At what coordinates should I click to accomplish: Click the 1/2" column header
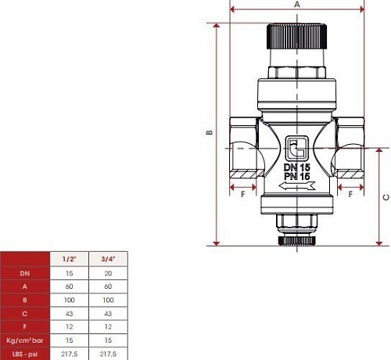pos(69,259)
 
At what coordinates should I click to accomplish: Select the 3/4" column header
pos(108,259)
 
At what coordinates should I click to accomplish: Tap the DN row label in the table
pos(25,273)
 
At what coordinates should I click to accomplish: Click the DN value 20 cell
pos(108,273)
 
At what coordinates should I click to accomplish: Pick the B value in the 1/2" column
pos(70,300)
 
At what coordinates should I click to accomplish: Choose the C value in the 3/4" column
pos(108,314)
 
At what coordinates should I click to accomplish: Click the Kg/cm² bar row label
pos(25,340)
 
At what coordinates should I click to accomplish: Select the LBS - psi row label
pos(25,354)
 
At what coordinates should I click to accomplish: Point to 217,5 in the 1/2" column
pos(70,354)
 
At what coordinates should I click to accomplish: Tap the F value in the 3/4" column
pos(108,327)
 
